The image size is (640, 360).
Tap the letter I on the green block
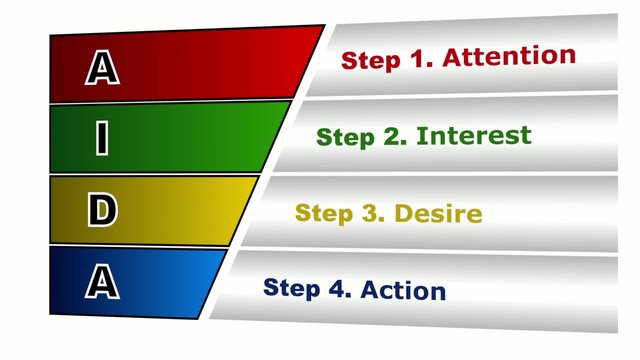click(101, 139)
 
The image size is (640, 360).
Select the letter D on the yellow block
click(101, 211)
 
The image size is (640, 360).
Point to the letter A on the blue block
click(101, 283)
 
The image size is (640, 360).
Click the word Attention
click(509, 56)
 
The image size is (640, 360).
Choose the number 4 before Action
click(338, 288)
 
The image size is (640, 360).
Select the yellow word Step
click(326, 213)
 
